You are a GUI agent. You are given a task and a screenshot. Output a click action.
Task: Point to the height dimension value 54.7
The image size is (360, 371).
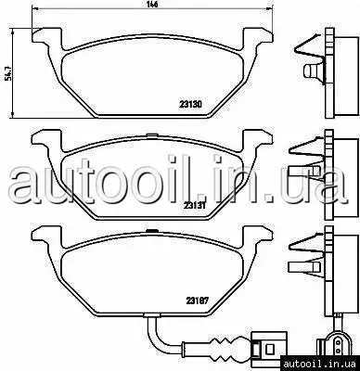pos(6,74)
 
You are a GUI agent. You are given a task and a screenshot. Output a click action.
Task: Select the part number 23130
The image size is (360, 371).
pos(191,105)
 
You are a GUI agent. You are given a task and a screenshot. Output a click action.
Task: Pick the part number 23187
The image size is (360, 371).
pos(198,301)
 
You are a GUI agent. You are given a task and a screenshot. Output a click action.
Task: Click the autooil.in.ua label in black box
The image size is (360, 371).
pos(320,364)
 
